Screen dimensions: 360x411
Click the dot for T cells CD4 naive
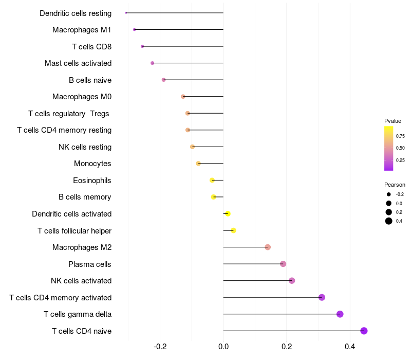tap(364, 331)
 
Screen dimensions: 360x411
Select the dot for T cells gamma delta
tap(340, 314)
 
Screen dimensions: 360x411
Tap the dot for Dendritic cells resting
tap(126, 13)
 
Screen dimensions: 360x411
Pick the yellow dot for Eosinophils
tap(212, 181)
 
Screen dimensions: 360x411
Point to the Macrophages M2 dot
tap(268, 247)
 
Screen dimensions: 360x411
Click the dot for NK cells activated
tap(292, 281)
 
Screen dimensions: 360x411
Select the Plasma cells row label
tap(90, 264)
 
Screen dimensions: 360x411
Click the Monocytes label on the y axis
tap(92, 164)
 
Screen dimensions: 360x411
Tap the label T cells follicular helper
tap(74, 231)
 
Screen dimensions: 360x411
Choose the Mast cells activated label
tap(78, 63)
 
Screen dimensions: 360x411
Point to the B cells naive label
tap(90, 80)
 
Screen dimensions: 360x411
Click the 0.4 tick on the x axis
tap(350, 347)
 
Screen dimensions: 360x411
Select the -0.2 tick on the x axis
tap(160, 347)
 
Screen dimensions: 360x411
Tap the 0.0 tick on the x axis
tap(223, 347)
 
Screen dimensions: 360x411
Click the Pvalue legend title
tap(393, 121)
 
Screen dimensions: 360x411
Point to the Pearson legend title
tap(395, 185)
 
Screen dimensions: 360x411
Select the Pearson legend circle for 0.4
tap(389, 221)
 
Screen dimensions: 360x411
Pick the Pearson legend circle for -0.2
tap(389, 194)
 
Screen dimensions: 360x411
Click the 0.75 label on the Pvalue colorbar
tap(400, 136)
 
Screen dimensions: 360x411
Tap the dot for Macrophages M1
tap(135, 30)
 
